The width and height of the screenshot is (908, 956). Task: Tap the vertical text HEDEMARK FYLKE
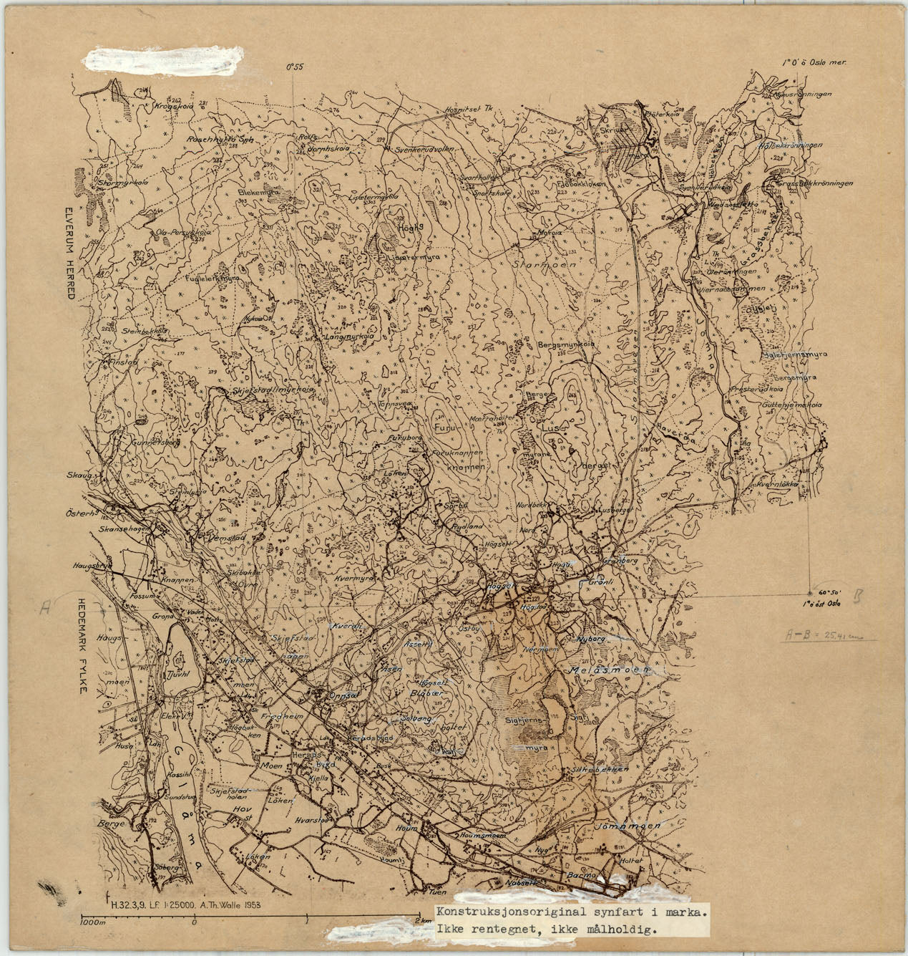(x=80, y=644)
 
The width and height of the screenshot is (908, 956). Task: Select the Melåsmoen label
(x=608, y=671)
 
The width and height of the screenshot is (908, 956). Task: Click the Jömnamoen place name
(x=627, y=825)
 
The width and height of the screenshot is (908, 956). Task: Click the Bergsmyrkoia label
(x=567, y=344)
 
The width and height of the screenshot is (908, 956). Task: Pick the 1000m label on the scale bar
(x=94, y=922)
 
